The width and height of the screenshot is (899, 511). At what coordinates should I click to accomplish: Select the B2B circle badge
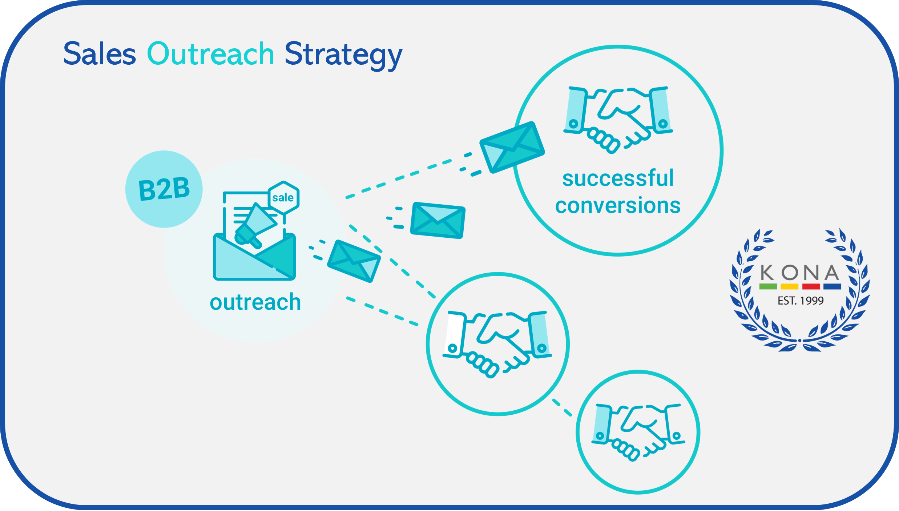(164, 189)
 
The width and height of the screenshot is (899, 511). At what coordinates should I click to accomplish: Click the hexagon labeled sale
(283, 198)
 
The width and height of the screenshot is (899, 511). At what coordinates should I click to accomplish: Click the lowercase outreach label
(255, 302)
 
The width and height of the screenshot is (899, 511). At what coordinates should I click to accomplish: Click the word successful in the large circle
(618, 178)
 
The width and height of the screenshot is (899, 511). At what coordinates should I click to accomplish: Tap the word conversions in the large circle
(618, 206)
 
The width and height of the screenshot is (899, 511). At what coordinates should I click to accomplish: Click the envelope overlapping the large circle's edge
(512, 147)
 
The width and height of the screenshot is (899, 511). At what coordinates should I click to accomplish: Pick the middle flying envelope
(438, 220)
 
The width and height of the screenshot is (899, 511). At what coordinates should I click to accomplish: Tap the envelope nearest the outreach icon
(354, 261)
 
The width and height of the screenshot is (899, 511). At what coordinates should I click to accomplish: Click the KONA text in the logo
(800, 273)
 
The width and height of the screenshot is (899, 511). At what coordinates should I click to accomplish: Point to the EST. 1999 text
(800, 301)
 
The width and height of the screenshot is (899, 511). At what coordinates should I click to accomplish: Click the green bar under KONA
(768, 287)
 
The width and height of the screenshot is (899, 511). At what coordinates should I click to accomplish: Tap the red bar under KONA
(811, 287)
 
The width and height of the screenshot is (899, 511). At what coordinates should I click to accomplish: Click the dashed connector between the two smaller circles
(562, 407)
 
